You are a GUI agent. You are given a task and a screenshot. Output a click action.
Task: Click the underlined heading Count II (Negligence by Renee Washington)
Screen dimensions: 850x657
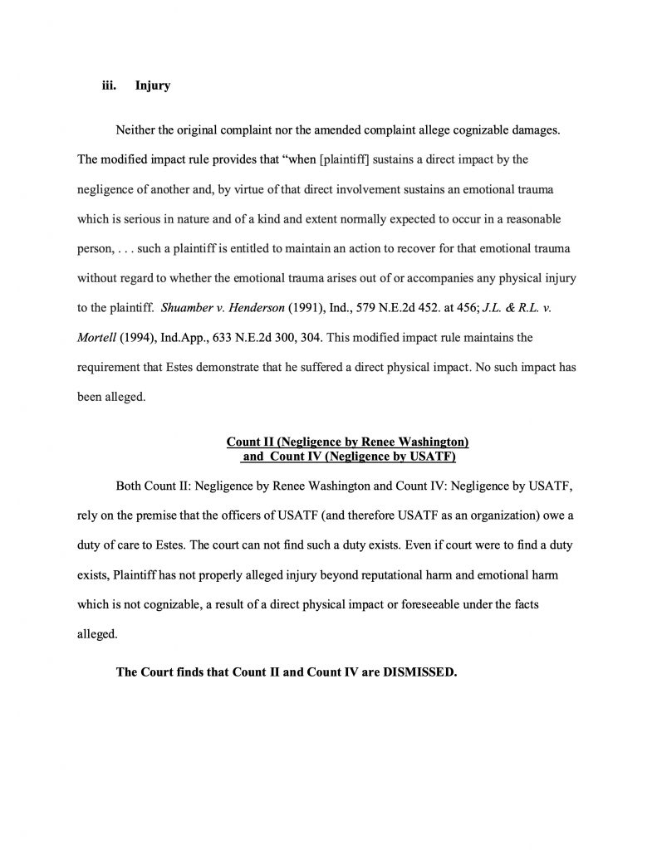point(348,442)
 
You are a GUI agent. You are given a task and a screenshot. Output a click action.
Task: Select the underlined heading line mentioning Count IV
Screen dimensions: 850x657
point(348,456)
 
